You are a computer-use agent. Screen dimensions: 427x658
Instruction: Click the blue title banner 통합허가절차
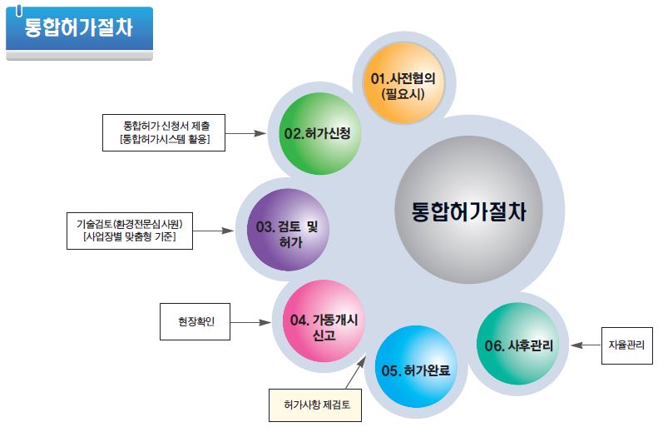[79, 31]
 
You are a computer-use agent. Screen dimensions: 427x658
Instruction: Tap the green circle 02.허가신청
[318, 133]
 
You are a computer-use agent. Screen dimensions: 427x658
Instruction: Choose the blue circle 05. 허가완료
[415, 367]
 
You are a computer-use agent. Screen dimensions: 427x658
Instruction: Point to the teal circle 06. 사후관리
[520, 343]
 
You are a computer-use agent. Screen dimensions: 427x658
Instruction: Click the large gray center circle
[468, 209]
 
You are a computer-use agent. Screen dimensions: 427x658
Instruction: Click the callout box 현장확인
[194, 321]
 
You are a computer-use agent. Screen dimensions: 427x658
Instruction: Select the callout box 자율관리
[625, 342]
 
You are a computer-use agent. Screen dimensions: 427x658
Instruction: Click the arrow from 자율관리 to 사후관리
[587, 343]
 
